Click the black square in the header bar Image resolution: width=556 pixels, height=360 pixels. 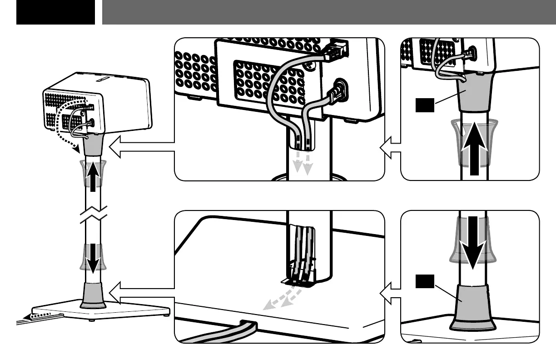[x=55, y=12]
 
